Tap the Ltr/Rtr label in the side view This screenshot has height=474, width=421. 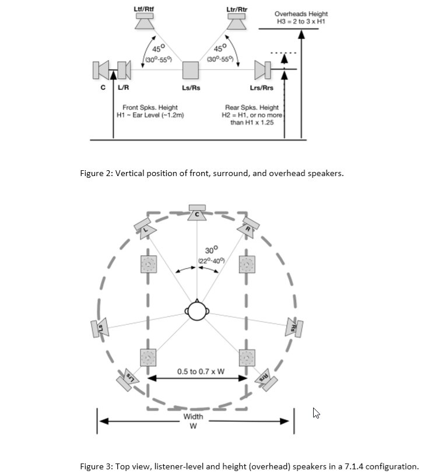235,10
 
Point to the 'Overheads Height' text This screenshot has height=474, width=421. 300,13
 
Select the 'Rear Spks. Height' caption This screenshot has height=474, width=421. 251,107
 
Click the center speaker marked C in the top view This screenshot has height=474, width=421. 197,213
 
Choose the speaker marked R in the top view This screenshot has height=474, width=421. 249,225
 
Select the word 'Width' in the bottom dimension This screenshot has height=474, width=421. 193,416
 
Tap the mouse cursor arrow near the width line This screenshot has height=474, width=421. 317,413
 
